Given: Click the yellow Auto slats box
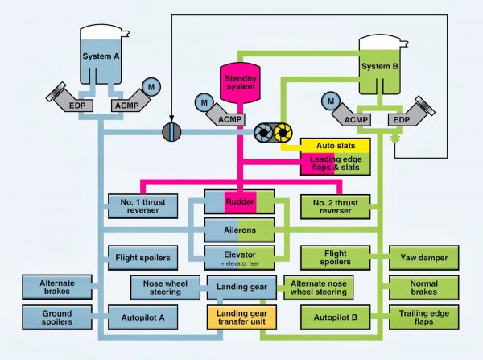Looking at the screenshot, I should (x=334, y=146).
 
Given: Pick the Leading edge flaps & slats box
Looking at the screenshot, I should (x=334, y=163).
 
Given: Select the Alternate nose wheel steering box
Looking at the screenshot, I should (x=319, y=288).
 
